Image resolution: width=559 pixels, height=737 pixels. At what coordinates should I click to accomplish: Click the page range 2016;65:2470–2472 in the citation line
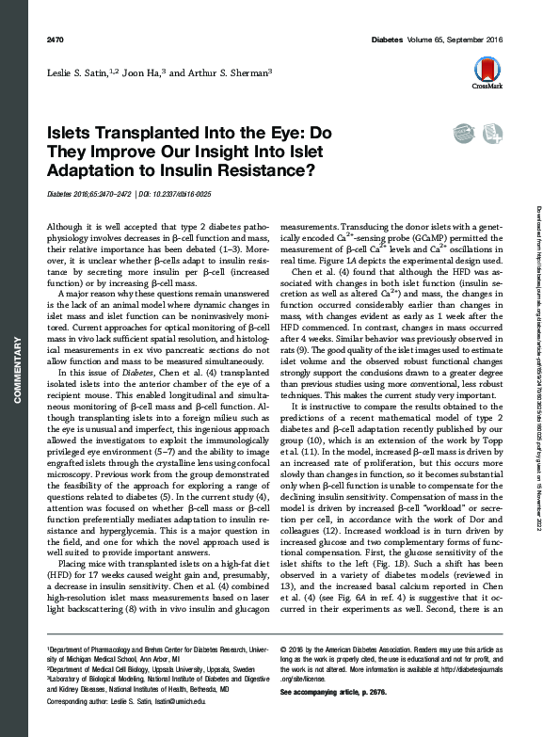pyautogui.click(x=98, y=195)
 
